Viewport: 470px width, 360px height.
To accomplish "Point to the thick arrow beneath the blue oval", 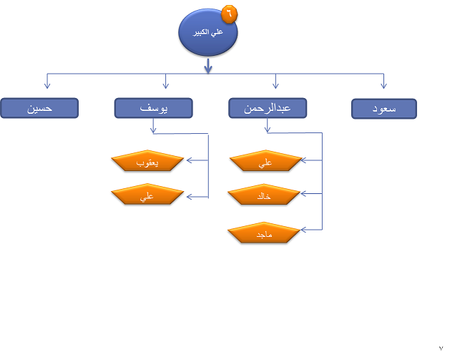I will click(x=208, y=67).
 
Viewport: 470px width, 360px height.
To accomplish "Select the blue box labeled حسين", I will click(x=39, y=108).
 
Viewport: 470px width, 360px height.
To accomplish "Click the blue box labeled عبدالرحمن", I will click(x=268, y=108).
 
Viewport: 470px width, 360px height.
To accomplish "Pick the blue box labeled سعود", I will click(x=384, y=108).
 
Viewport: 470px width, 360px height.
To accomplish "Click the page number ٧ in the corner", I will click(x=441, y=347).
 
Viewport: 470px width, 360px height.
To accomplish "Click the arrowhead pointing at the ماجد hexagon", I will click(x=304, y=230).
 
